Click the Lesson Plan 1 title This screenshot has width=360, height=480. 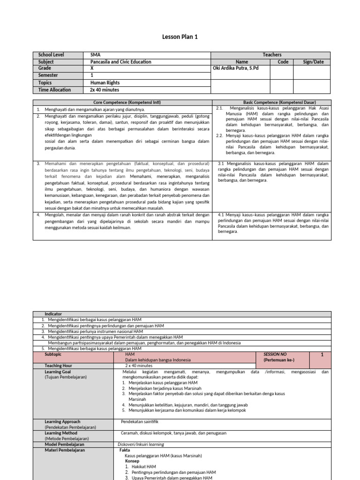click(180, 37)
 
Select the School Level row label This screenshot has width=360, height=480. click(52, 55)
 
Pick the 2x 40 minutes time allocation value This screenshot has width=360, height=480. click(105, 90)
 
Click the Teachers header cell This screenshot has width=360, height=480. click(272, 55)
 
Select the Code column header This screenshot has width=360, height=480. click(283, 62)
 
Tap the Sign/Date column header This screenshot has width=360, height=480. click(313, 62)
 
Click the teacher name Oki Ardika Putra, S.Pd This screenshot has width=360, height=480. click(235, 68)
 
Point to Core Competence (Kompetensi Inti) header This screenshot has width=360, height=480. click(122, 102)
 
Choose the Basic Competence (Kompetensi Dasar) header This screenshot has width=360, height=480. click(272, 102)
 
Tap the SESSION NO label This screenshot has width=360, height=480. click(275, 354)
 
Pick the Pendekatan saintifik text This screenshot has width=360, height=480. click(139, 421)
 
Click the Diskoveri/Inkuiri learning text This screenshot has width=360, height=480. click(141, 443)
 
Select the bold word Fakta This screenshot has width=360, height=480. click(125, 450)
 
